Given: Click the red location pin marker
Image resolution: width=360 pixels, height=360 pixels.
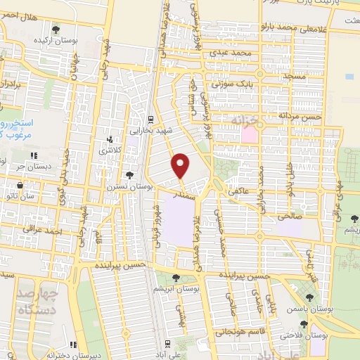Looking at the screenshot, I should (181, 165).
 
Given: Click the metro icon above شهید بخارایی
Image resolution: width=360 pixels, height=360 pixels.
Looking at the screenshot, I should (150, 118).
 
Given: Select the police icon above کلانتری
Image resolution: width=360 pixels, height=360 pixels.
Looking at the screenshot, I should (109, 140).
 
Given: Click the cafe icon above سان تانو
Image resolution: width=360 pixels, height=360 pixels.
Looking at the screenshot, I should (19, 186).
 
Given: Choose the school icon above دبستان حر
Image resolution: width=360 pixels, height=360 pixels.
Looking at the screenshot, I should (32, 155).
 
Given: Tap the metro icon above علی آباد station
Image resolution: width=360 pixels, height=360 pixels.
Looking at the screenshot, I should (166, 343).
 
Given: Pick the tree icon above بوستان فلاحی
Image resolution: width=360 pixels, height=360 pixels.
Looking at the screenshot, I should (303, 324).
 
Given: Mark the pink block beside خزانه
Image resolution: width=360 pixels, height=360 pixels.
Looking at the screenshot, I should (250, 132).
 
